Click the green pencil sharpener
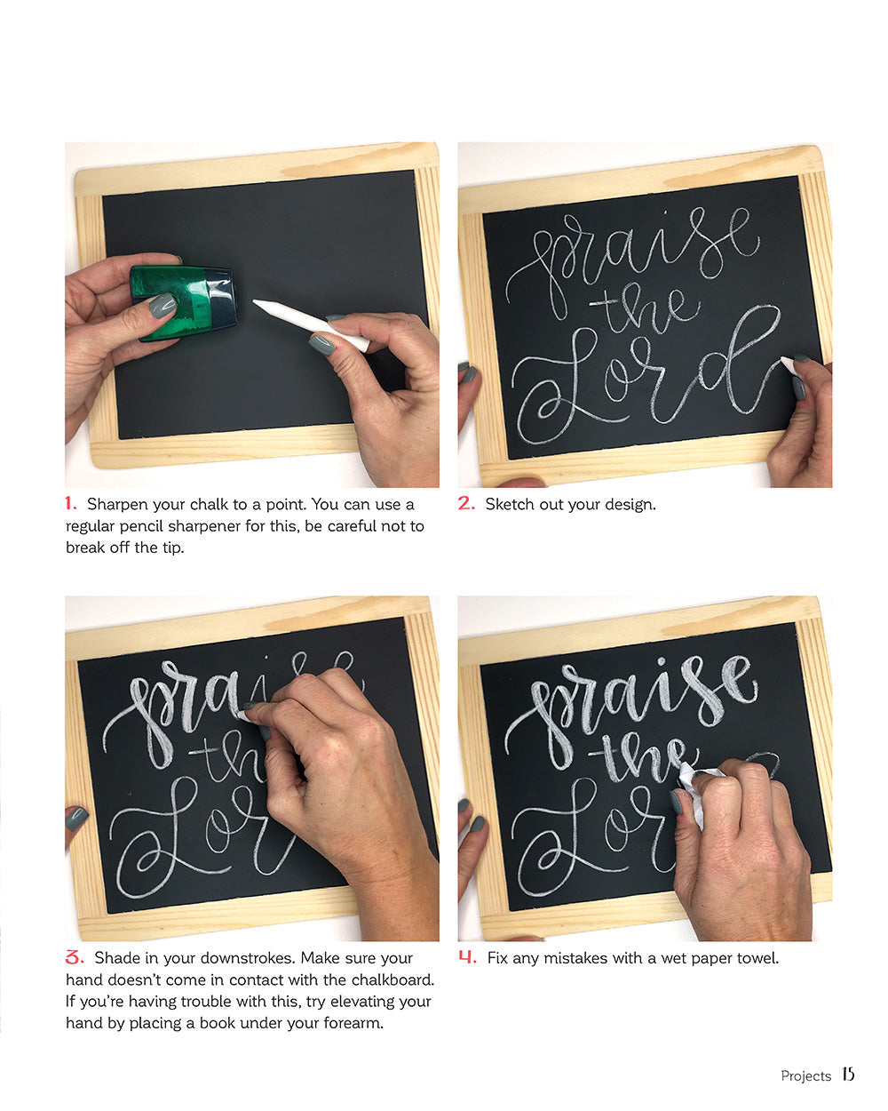pyautogui.click(x=183, y=303)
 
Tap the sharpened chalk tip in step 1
pyautogui.click(x=258, y=305)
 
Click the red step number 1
pyautogui.click(x=71, y=503)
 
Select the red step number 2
pyautogui.click(x=466, y=503)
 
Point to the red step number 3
pyautogui.click(x=75, y=957)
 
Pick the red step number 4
pyautogui.click(x=467, y=957)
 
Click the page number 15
pyautogui.click(x=848, y=1075)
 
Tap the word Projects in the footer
pyautogui.click(x=805, y=1075)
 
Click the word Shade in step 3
pyautogui.click(x=115, y=958)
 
